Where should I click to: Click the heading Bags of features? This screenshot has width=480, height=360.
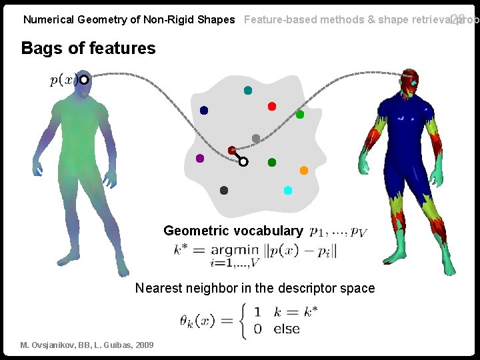(88, 48)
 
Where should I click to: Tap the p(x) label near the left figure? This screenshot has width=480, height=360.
(63, 80)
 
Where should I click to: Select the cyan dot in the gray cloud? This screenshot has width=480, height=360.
(288, 190)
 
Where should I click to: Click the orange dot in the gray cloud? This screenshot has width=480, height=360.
(304, 171)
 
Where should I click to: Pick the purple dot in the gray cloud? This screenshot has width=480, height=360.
(200, 159)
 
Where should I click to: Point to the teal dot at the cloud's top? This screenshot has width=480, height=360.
(248, 90)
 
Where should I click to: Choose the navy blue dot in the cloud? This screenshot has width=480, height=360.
(204, 110)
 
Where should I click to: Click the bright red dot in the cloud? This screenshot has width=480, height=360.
(272, 106)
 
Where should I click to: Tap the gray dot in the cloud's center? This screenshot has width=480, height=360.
(256, 139)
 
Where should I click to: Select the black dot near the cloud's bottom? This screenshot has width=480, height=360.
(224, 191)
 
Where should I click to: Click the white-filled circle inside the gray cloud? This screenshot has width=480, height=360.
(243, 161)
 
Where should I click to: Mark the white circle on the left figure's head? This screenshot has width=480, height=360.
(84, 80)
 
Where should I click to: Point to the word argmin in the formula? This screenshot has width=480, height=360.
(235, 250)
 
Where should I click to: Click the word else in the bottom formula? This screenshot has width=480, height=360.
(287, 329)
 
